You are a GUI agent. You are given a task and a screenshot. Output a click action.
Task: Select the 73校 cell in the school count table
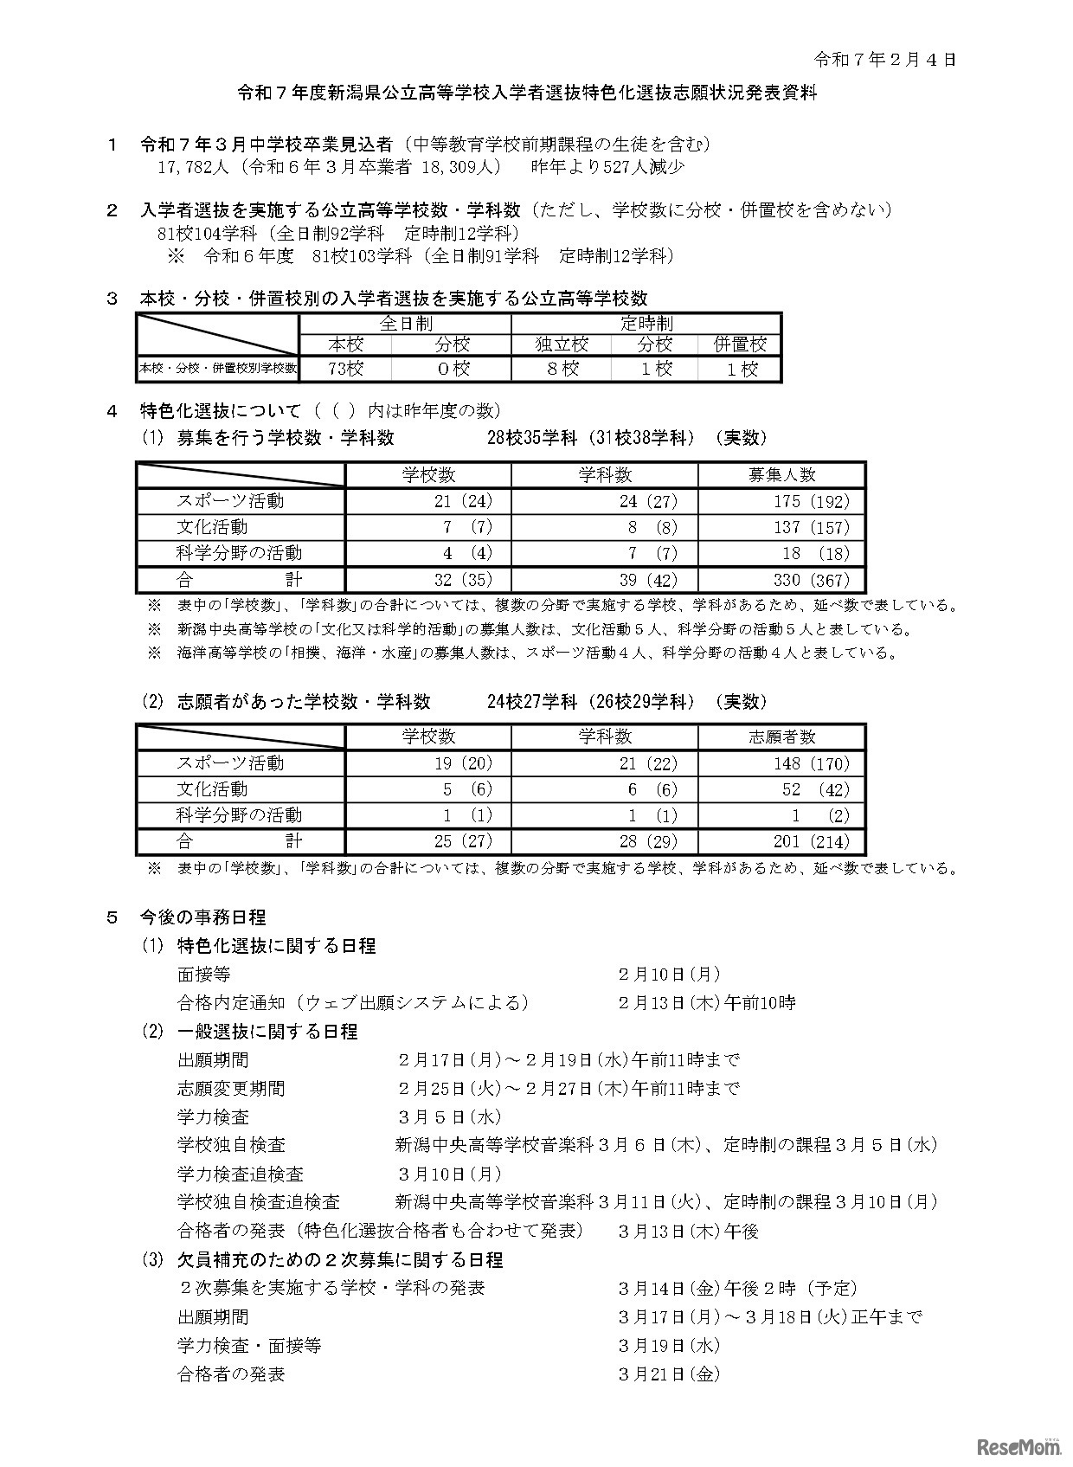coord(345,369)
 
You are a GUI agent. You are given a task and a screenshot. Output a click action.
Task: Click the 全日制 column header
coord(405,324)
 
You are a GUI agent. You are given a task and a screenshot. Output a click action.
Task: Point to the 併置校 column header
coord(740,344)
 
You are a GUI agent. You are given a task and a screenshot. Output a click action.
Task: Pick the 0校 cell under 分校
coord(452,369)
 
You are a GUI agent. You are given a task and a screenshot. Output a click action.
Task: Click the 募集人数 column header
coord(781,475)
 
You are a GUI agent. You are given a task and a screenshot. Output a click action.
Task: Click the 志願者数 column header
coord(781,737)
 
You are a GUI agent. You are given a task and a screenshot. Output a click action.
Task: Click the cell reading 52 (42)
coord(812,789)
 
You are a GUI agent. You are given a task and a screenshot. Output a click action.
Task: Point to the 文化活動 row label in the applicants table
coord(213,789)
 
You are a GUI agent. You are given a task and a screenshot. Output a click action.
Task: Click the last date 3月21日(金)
coord(669,1374)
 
